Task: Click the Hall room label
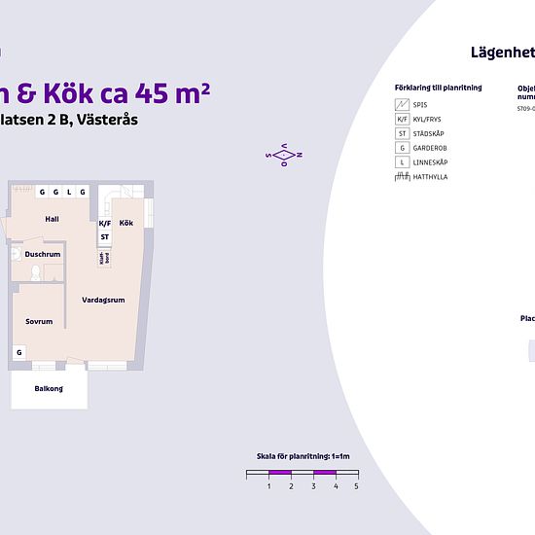(52, 219)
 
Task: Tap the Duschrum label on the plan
(43, 254)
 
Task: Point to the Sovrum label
(39, 321)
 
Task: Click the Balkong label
(49, 388)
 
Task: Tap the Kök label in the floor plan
(126, 223)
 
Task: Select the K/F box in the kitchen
(105, 223)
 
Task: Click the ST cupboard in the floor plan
(104, 236)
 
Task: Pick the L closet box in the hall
(69, 192)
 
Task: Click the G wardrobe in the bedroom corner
(18, 352)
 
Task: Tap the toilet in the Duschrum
(35, 275)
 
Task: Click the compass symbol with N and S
(284, 155)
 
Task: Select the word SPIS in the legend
(419, 103)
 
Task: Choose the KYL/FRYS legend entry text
(429, 119)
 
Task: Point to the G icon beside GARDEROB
(402, 148)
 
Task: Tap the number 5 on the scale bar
(356, 484)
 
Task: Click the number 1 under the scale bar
(268, 484)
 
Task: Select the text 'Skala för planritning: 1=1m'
(302, 456)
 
